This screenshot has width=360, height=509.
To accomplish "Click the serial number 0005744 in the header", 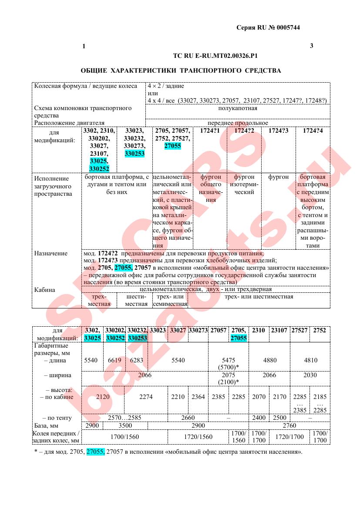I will point(286,27).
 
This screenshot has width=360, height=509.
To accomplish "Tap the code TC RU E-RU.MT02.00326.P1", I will point(215,56).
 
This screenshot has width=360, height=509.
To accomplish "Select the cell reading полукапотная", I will point(238,108).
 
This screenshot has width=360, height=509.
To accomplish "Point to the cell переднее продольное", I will point(238,123).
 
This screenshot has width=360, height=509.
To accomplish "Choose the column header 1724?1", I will point(210,131).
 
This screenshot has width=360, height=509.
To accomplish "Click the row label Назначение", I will point(51,253).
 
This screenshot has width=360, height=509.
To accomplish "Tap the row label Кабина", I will point(45,290).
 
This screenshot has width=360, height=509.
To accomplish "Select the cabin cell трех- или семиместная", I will point(170,300).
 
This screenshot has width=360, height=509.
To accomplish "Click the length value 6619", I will point(114,360).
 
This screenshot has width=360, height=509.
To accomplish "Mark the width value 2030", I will point(310,375).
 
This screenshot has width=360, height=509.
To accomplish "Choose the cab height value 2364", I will point(198,397).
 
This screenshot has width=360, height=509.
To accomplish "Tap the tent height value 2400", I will point(259,418).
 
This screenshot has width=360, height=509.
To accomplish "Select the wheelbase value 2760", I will point(289,425).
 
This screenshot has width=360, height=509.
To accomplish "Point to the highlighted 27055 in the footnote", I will point(95,452).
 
